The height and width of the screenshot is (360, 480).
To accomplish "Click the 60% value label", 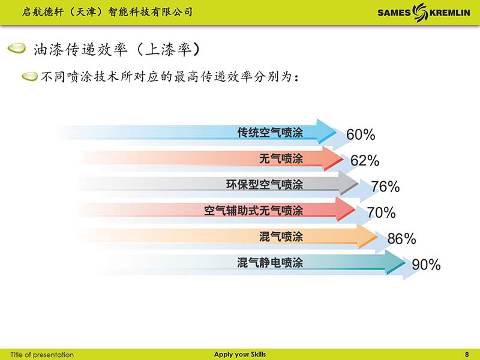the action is pyautogui.click(x=361, y=134).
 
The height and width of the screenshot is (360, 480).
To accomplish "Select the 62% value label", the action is pyautogui.click(x=365, y=160).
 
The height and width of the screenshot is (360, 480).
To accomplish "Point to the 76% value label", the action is pyautogui.click(x=385, y=187).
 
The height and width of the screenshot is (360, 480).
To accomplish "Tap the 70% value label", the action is pyautogui.click(x=381, y=212).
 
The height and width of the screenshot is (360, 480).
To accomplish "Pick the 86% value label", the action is pyautogui.click(x=401, y=238).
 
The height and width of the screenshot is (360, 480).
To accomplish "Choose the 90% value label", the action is pyautogui.click(x=426, y=265).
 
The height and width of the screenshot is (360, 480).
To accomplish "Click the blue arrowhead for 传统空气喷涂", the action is pyautogui.click(x=326, y=131).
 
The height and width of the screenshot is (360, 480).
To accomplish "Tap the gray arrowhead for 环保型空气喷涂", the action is pyautogui.click(x=349, y=184).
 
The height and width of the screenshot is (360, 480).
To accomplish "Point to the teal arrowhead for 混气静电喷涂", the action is pyautogui.click(x=395, y=262).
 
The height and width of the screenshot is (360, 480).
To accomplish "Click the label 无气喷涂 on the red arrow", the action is pyautogui.click(x=281, y=158).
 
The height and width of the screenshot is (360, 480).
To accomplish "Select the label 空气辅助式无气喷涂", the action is pyautogui.click(x=253, y=211).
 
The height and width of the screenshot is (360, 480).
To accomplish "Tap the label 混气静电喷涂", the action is pyautogui.click(x=270, y=263).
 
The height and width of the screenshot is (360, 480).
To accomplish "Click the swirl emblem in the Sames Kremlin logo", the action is pyautogui.click(x=420, y=12).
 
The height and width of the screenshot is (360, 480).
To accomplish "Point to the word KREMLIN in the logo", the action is pyautogui.click(x=449, y=13).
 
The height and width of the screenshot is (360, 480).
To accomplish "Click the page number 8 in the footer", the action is pyautogui.click(x=467, y=355).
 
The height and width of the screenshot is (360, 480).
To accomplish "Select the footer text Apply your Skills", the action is pyautogui.click(x=240, y=355).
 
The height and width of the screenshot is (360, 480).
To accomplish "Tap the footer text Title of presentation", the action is pyautogui.click(x=42, y=355).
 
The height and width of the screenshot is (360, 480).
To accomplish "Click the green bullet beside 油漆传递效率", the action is pyautogui.click(x=17, y=49).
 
